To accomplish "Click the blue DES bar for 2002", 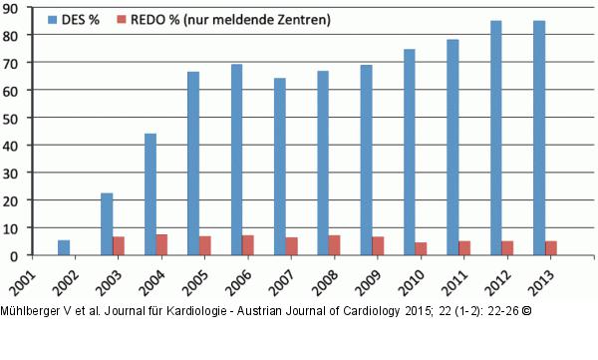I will tap(64, 247).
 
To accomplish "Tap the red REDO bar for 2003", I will tap(119, 245).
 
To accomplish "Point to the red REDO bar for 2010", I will tap(422, 248).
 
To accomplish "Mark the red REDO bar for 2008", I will tap(335, 244).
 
